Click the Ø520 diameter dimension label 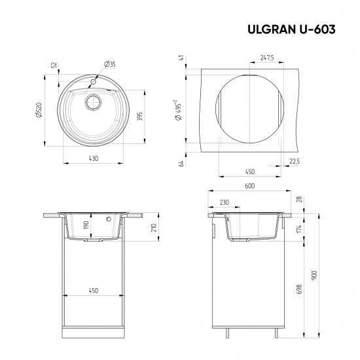(x=40, y=112)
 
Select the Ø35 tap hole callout (x=109, y=64)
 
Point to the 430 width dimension (x=94, y=158)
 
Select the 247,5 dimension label (x=266, y=58)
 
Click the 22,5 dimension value (x=295, y=161)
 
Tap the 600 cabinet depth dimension (x=249, y=186)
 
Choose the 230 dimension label (x=224, y=202)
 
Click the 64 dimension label (x=181, y=163)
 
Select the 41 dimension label (x=181, y=58)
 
